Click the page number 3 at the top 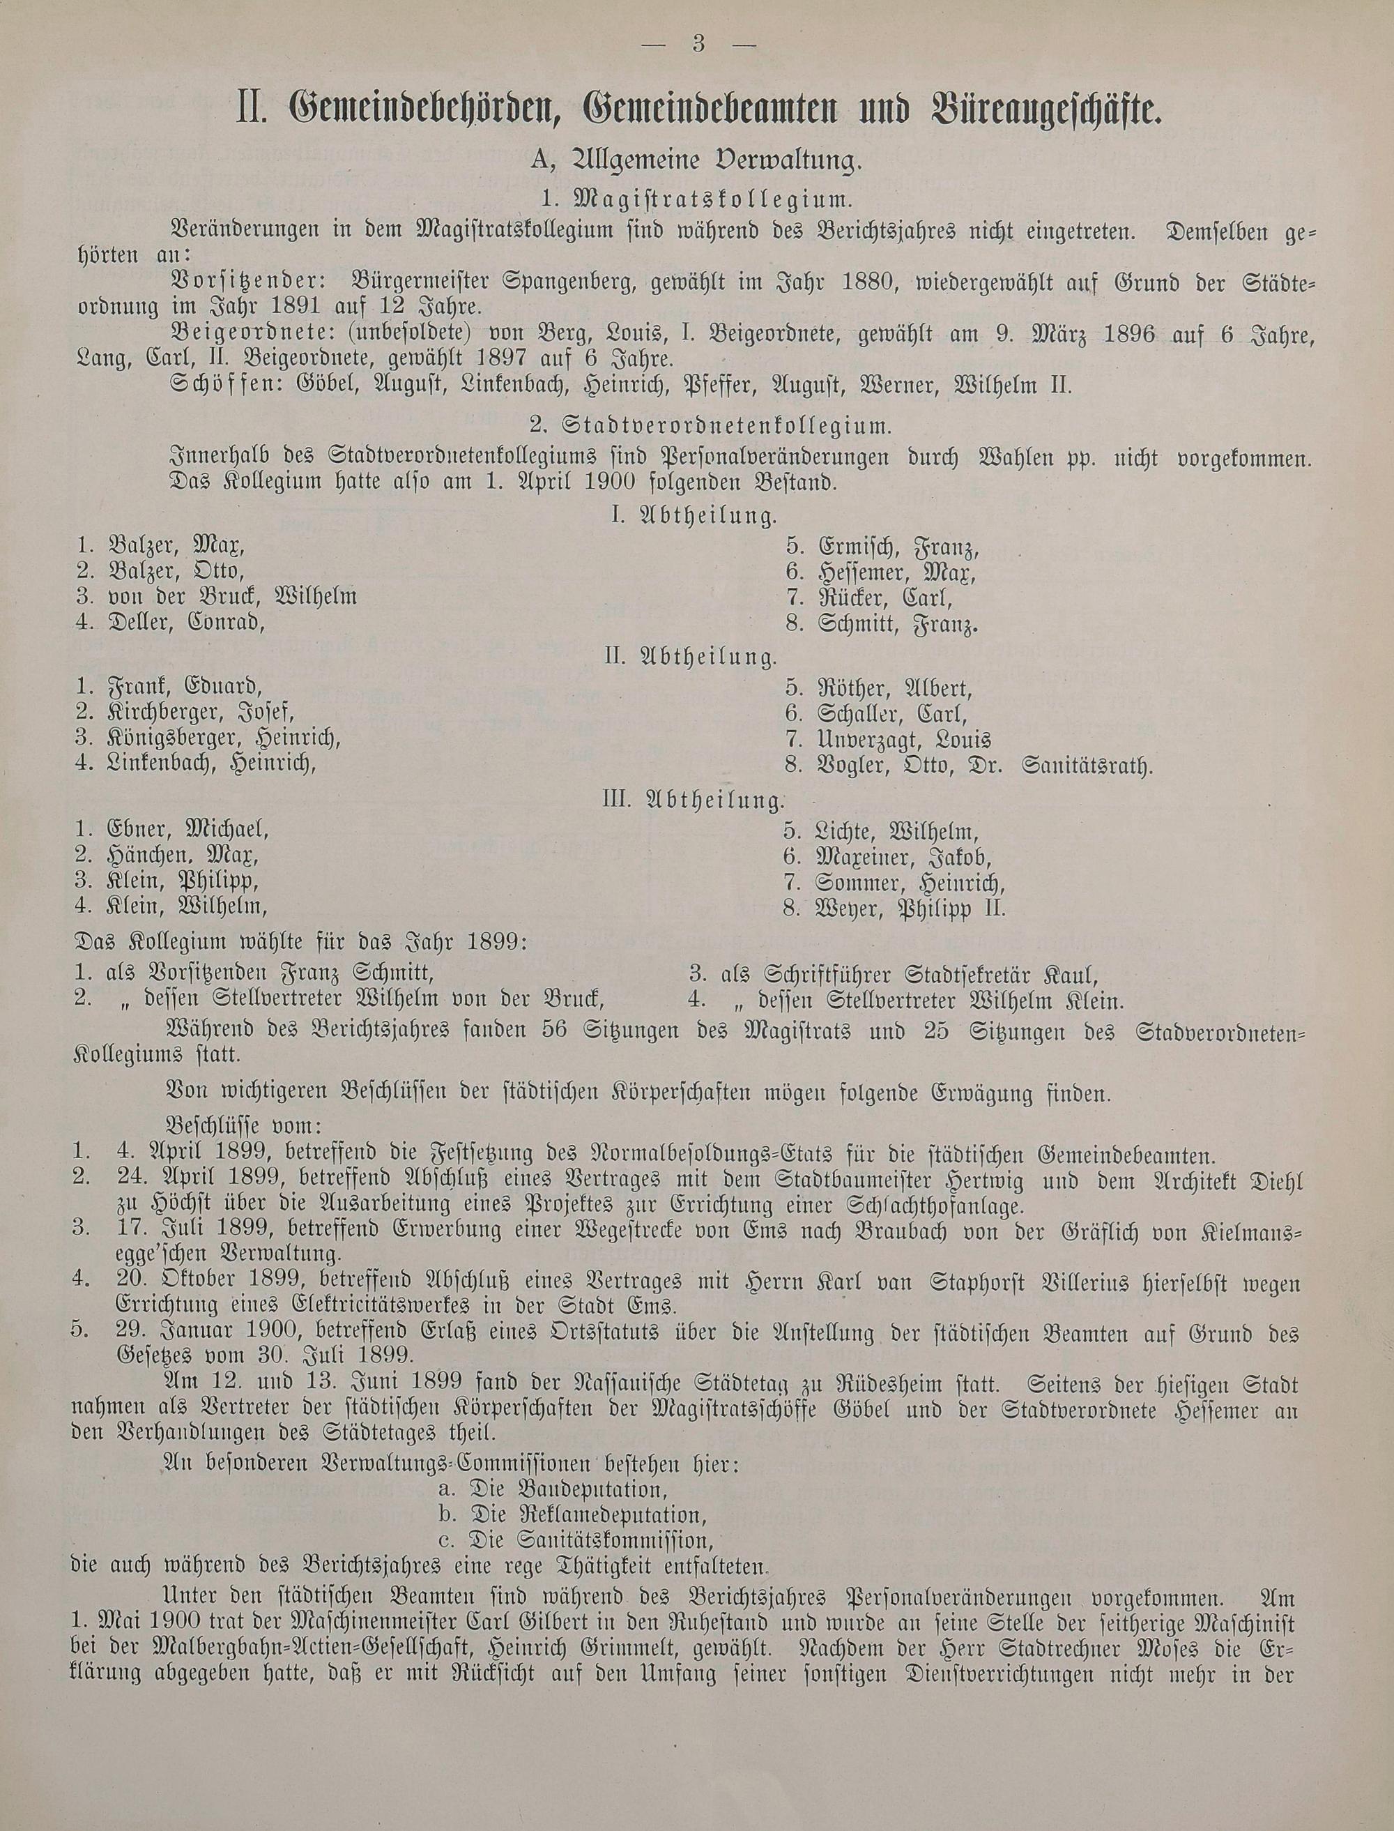pyautogui.click(x=697, y=44)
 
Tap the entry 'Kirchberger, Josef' pyautogui.click(x=200, y=712)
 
